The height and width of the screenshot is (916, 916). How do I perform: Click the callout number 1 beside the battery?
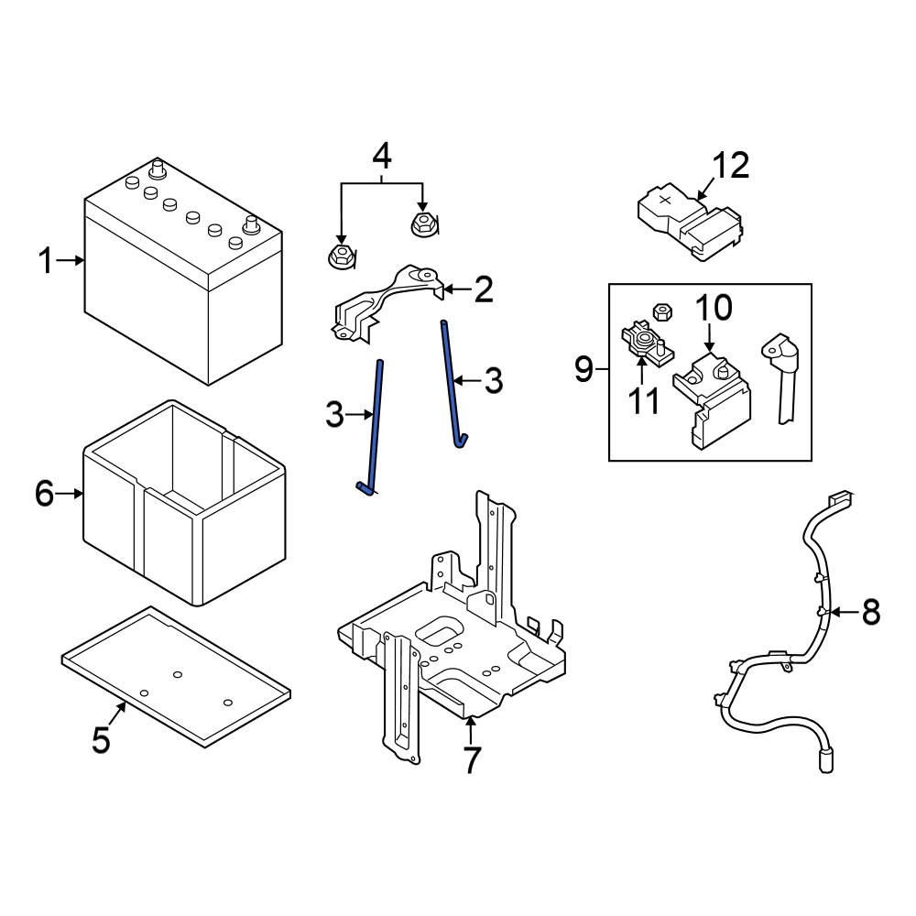pyautogui.click(x=46, y=261)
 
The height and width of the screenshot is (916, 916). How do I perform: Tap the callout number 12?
pyautogui.click(x=731, y=166)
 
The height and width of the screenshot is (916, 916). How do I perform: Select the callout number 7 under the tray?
pyautogui.click(x=471, y=759)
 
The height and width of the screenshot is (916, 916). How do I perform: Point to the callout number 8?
pyautogui.click(x=869, y=611)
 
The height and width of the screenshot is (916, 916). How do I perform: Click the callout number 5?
pyautogui.click(x=101, y=738)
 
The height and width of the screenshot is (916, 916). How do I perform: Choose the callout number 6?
pyautogui.click(x=45, y=495)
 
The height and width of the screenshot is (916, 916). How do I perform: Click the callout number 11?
pyautogui.click(x=644, y=400)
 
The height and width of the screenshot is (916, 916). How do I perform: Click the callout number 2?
pyautogui.click(x=482, y=290)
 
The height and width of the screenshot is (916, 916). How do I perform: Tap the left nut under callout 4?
pyautogui.click(x=340, y=256)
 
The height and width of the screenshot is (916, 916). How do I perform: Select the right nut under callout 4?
pyautogui.click(x=423, y=222)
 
